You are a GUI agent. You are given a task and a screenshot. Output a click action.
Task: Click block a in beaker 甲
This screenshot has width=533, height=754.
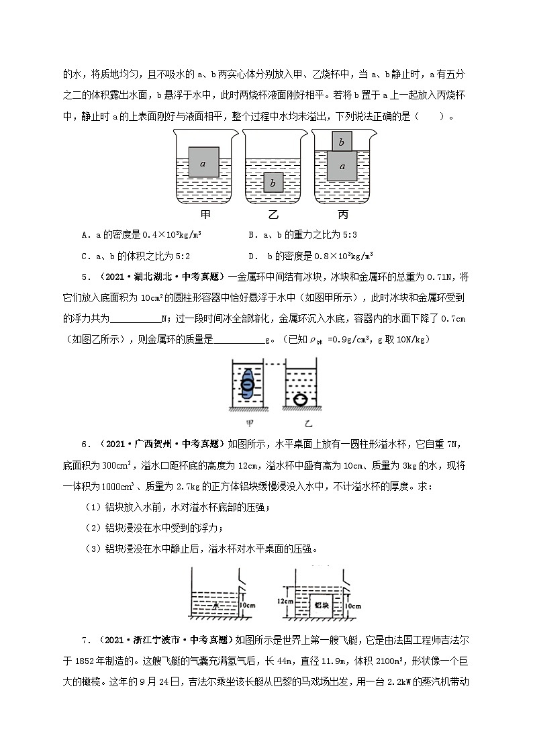pos(203,162)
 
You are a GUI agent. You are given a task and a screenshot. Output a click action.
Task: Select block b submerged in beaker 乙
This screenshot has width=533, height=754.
pos(272,182)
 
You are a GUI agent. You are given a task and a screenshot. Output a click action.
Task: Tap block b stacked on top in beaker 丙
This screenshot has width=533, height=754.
pos(342,142)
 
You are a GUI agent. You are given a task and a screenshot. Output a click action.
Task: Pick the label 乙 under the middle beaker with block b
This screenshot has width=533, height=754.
pos(273,216)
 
